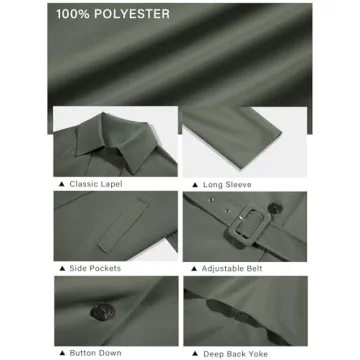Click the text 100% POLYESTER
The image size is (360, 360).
click(x=113, y=14)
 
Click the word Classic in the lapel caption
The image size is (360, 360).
click(x=83, y=184)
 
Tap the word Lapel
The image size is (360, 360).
click(x=111, y=184)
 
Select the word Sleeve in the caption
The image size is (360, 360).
click(x=238, y=185)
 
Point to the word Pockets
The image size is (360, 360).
click(x=104, y=268)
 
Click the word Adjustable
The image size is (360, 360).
click(x=222, y=269)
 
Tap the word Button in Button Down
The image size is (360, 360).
click(x=83, y=353)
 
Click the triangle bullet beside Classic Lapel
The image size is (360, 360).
click(x=61, y=184)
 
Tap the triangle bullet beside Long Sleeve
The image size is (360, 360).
click(x=195, y=185)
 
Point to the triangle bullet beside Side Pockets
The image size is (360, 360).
click(x=62, y=268)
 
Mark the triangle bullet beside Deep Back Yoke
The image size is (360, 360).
click(x=195, y=354)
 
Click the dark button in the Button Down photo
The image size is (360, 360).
click(x=102, y=312)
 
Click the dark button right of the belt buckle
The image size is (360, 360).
click(x=275, y=208)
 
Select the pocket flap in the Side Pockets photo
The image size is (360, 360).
click(x=123, y=225)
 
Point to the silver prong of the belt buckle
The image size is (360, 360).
click(x=240, y=218)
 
